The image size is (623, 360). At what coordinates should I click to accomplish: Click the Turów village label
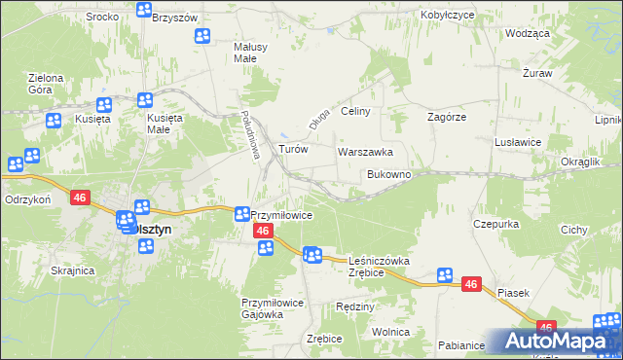coord(293,150)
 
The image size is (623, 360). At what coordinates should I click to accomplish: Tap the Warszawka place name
coord(365,153)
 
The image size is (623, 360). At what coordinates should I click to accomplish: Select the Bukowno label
coord(388,175)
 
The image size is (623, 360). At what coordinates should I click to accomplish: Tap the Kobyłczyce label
coord(448,16)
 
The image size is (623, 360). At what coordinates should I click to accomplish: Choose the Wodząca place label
coord(528,32)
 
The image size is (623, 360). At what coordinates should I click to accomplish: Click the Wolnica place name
coord(390,332)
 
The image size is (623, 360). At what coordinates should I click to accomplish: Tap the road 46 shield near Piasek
coord(471,284)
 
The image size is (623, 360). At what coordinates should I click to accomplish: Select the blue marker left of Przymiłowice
coord(241,213)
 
